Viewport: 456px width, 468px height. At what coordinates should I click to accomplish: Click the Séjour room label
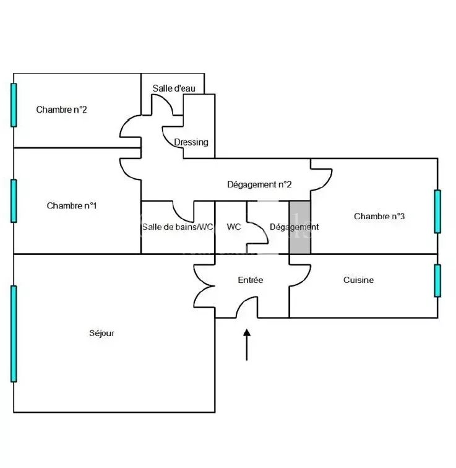(101, 333)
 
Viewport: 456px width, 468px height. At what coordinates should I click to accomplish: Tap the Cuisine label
(358, 280)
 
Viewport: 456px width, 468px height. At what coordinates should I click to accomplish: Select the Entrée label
(250, 280)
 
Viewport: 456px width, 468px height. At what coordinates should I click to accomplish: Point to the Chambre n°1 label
(72, 206)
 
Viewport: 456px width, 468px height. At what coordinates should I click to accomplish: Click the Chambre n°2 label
(61, 110)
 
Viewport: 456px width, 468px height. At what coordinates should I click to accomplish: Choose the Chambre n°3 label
(379, 216)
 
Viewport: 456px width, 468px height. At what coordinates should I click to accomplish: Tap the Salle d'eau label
(174, 89)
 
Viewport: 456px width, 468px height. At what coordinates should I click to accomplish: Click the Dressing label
(191, 142)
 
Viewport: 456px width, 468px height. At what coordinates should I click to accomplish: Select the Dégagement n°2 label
(259, 184)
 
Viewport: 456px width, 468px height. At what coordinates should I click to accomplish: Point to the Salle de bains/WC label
(178, 227)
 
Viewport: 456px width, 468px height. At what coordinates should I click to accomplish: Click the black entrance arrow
(247, 345)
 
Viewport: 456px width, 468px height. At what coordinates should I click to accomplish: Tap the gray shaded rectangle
(299, 227)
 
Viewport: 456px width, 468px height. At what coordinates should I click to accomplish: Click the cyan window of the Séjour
(14, 334)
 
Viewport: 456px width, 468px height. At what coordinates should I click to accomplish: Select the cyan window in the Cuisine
(437, 280)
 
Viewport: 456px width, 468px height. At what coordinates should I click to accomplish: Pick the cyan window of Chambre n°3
(437, 211)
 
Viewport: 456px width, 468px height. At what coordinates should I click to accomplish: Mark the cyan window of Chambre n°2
(14, 105)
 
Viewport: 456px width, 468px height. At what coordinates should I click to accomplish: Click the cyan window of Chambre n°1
(14, 201)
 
